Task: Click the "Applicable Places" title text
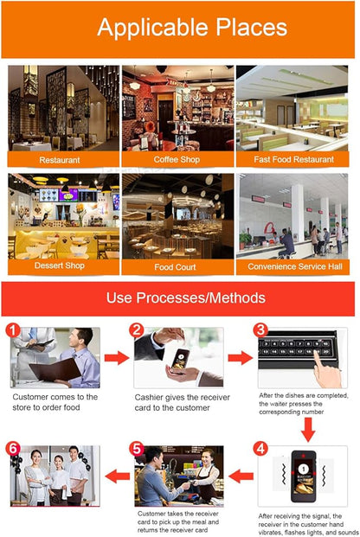click(192, 28)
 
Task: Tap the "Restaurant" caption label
click(60, 160)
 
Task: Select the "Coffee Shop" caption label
click(177, 160)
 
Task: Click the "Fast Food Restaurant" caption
click(294, 160)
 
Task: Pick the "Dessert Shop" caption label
click(60, 265)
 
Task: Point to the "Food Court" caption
click(175, 267)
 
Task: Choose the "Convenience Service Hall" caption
click(295, 266)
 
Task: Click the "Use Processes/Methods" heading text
click(186, 297)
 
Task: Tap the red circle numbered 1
click(13, 331)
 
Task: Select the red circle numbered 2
click(137, 330)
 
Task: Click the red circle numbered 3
click(260, 330)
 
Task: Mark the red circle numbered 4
click(260, 449)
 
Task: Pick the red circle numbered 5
click(137, 449)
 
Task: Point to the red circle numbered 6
click(13, 449)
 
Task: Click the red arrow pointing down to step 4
click(308, 430)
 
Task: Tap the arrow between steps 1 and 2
click(117, 358)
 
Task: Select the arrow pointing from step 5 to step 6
click(117, 476)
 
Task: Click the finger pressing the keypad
click(326, 370)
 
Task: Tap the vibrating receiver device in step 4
click(303, 476)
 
